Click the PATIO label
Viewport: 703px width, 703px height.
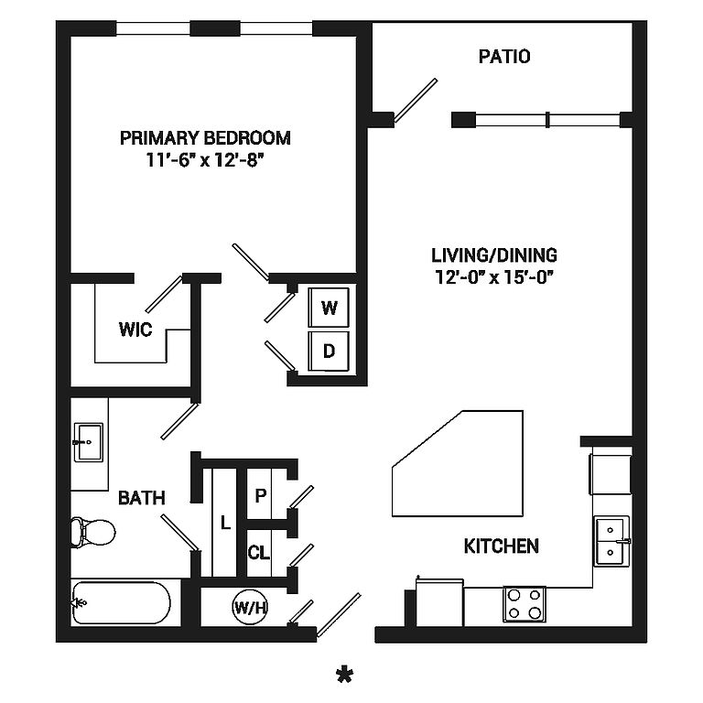(504, 57)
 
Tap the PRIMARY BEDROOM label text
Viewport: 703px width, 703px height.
(205, 137)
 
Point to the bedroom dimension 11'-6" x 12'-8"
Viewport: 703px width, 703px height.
(203, 160)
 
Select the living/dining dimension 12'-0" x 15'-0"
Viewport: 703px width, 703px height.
(493, 277)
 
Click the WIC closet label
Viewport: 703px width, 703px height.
(135, 330)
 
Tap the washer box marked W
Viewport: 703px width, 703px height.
(329, 308)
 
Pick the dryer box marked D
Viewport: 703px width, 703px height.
(329, 351)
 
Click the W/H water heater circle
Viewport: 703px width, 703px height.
(250, 608)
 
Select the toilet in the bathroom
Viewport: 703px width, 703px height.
(92, 533)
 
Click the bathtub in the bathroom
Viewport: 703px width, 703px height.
(121, 602)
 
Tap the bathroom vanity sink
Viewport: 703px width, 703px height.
(88, 442)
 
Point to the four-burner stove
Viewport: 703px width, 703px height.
(525, 604)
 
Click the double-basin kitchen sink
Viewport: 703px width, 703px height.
(612, 541)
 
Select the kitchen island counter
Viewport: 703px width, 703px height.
(458, 463)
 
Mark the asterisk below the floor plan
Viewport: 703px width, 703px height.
(345, 676)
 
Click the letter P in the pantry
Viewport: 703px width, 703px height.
(261, 495)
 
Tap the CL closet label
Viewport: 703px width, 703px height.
(259, 552)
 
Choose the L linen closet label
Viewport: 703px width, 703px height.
(225, 523)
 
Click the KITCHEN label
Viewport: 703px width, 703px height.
(502, 546)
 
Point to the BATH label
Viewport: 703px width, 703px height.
(142, 498)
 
